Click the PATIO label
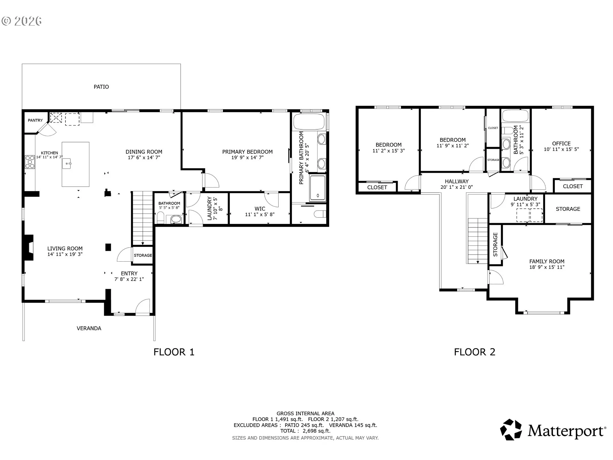click(101, 87)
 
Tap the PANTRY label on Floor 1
click(35, 120)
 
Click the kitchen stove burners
click(30, 162)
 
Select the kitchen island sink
click(67, 164)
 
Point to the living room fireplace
click(29, 248)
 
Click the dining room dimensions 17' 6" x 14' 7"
click(144, 157)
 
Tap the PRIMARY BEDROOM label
click(247, 152)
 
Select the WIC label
click(260, 209)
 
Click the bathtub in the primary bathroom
click(309, 122)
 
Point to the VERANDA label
click(89, 328)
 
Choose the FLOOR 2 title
click(474, 352)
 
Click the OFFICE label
click(561, 143)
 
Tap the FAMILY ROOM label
click(547, 261)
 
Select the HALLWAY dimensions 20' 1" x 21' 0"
click(457, 187)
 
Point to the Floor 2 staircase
click(478, 241)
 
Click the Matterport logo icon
click(511, 430)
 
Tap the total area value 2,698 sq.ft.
click(316, 431)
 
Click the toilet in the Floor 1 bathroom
click(161, 218)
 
